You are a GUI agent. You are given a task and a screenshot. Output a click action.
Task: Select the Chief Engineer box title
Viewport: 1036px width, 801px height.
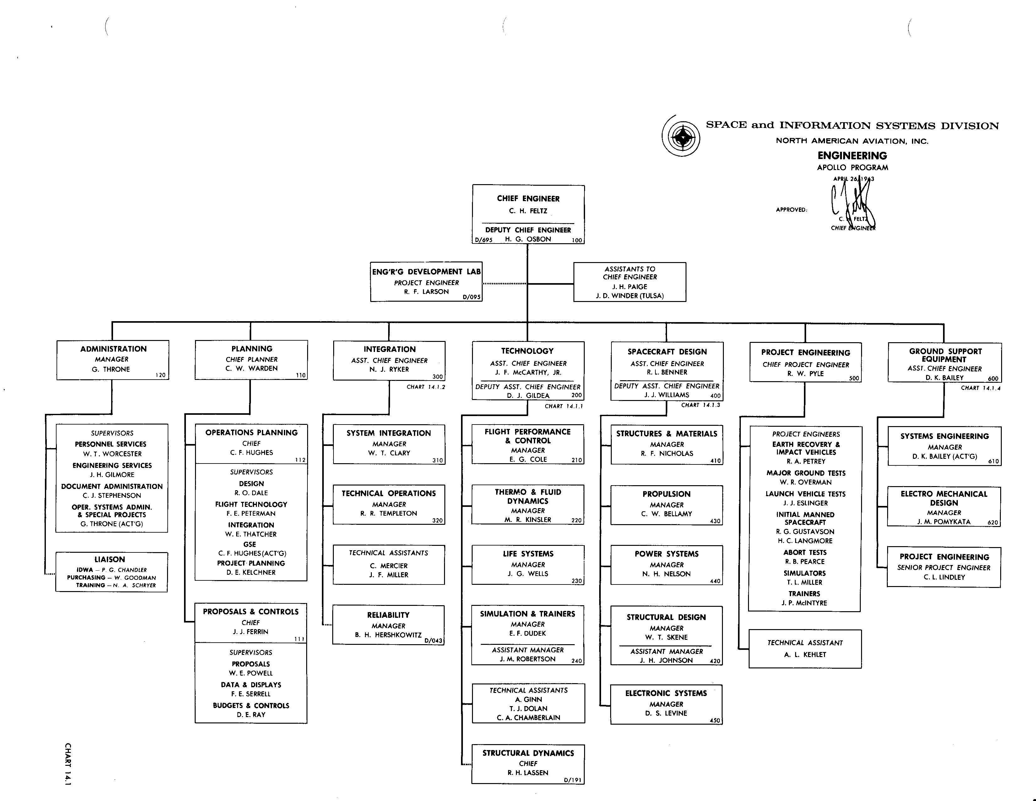(x=528, y=199)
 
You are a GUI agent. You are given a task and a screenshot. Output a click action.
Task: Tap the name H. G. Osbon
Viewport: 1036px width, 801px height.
(x=528, y=239)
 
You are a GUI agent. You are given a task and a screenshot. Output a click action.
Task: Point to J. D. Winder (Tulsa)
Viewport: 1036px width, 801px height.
(x=629, y=296)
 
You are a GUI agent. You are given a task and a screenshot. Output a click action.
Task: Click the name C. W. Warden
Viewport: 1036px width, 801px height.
(x=252, y=369)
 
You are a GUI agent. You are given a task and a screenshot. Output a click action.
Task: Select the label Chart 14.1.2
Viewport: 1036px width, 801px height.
(x=426, y=387)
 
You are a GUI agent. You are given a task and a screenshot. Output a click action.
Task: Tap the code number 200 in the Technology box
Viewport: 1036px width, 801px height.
(x=576, y=395)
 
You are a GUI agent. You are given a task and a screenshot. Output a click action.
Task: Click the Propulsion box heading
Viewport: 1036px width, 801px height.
(x=666, y=494)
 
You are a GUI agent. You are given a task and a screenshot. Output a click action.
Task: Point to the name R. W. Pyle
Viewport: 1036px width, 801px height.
(x=805, y=374)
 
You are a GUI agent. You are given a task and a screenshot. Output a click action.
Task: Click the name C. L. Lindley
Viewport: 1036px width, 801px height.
(x=944, y=577)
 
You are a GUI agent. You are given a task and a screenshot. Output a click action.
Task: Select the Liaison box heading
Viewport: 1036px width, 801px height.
(x=110, y=559)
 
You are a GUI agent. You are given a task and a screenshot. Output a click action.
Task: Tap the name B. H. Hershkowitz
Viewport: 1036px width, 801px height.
(x=388, y=635)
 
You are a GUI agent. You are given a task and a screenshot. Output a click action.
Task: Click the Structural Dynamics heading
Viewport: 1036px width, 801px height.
(x=528, y=753)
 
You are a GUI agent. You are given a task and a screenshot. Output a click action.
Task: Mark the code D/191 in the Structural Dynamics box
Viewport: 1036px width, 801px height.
(x=572, y=780)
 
